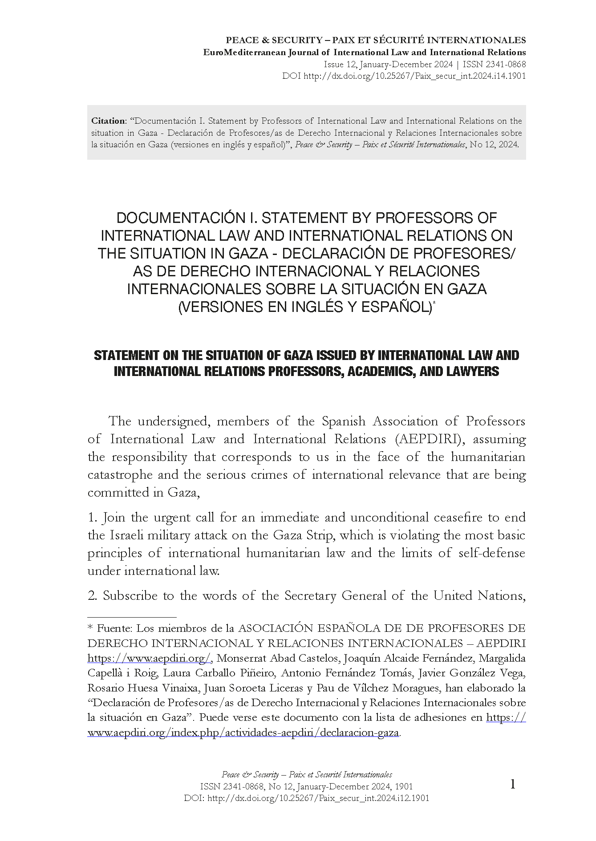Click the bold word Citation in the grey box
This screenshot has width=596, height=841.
pos(108,121)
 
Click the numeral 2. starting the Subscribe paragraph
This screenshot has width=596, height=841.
pos(93,596)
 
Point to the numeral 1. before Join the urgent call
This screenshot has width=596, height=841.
pos(93,518)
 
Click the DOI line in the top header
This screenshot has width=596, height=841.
pos(404,76)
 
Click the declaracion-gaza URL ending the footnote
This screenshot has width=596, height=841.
pos(243,732)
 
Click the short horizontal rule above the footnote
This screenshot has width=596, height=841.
pos(132,617)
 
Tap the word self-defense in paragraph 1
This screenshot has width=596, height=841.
pos(485,553)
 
